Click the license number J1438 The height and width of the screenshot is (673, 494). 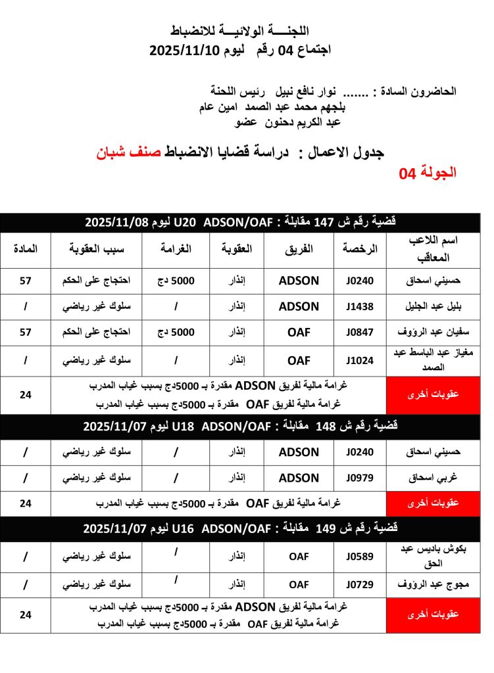(359, 307)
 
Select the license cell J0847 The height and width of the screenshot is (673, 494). (359, 333)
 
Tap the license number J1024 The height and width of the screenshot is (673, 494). (359, 360)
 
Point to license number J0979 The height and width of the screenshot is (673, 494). (359, 478)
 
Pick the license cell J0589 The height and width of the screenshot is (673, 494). (359, 557)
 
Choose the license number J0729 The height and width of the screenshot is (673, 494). (359, 584)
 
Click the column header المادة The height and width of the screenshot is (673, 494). (25, 250)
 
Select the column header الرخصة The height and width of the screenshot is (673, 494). (360, 250)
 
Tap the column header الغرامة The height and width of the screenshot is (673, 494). (177, 250)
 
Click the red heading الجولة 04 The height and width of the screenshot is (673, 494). (428, 173)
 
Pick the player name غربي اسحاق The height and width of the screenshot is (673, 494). (426, 478)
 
